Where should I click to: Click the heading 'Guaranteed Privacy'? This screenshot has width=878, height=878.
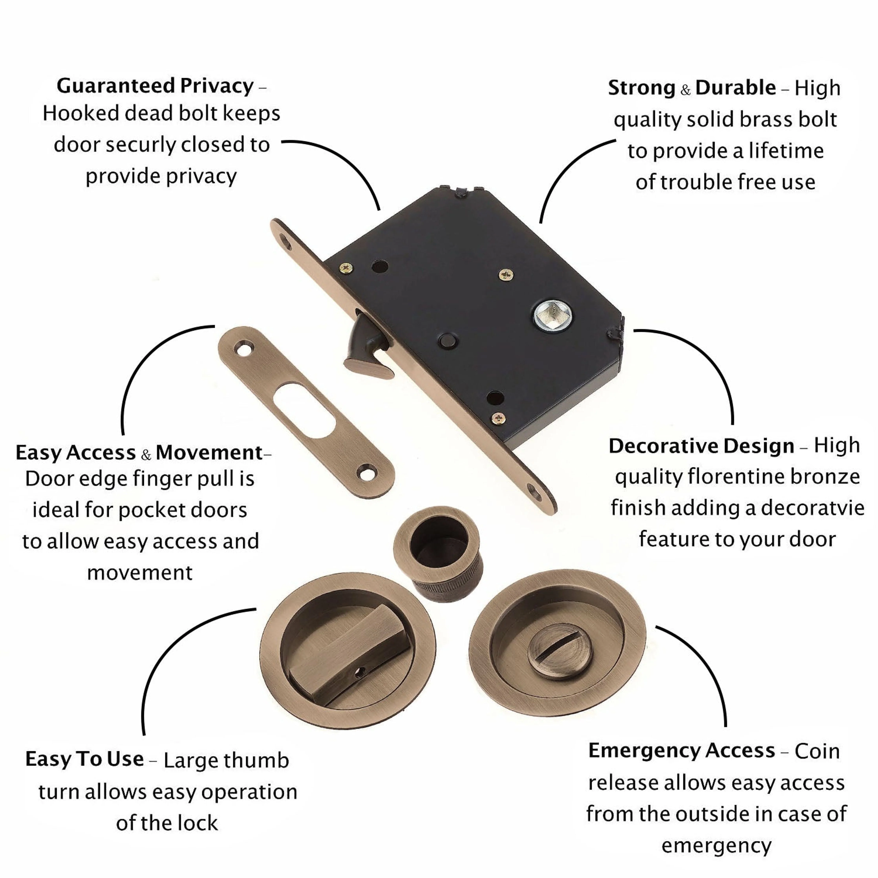155,86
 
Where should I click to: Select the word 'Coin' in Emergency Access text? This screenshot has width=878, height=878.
817,751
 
